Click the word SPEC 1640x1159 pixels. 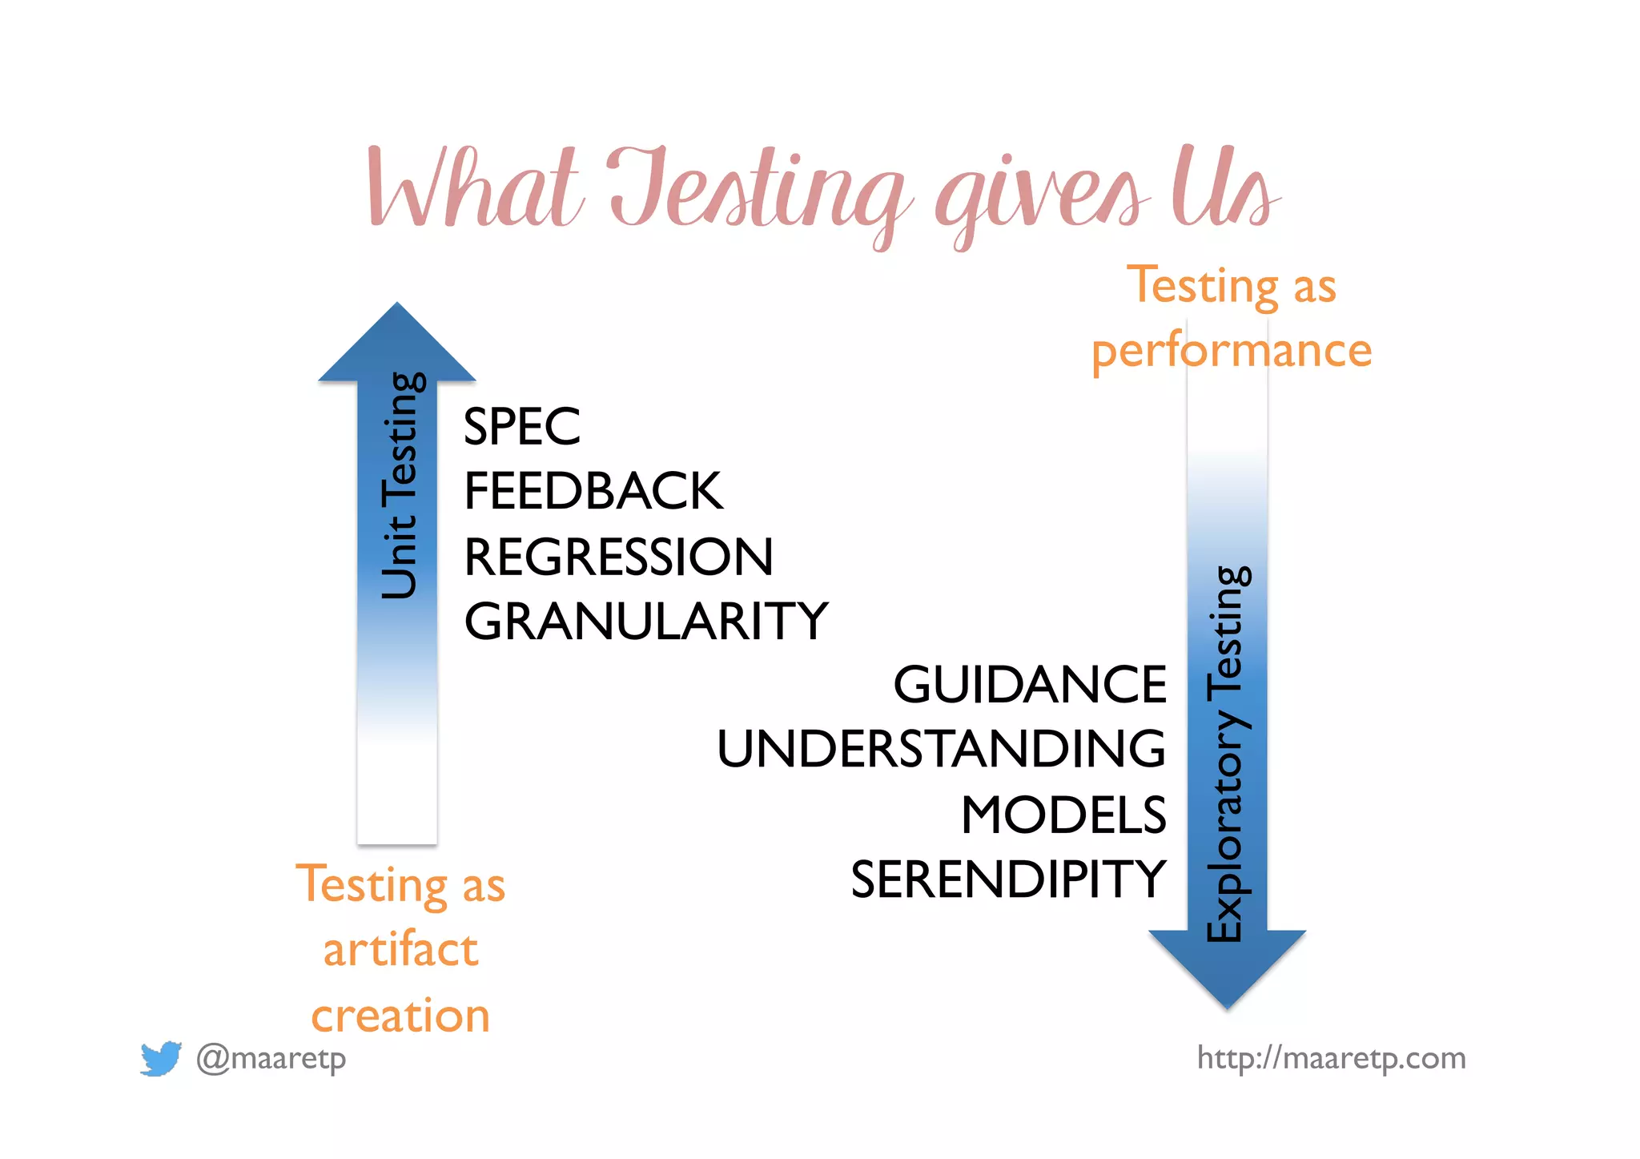[x=521, y=426]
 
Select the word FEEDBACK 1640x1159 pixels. [x=593, y=491]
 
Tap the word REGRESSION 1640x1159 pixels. [x=618, y=557]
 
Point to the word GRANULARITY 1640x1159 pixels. [x=645, y=622]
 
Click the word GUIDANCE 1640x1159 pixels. [x=1030, y=685]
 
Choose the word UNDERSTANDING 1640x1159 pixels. [x=941, y=750]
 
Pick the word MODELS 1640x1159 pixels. [x=1063, y=815]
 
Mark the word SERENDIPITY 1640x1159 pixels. [x=1008, y=879]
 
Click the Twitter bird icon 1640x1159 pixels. [x=160, y=1058]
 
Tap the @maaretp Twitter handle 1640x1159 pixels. [x=271, y=1058]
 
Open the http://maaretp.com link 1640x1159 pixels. [x=1331, y=1058]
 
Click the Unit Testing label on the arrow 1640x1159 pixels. [x=400, y=485]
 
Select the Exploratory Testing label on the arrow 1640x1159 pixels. [x=1226, y=753]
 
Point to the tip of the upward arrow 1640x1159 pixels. [x=397, y=307]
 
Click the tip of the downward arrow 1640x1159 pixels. [x=1228, y=1004]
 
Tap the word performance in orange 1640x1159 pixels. [x=1232, y=351]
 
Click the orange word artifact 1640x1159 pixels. [x=400, y=950]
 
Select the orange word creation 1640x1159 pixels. [x=400, y=1016]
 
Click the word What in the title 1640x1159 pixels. [x=474, y=188]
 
